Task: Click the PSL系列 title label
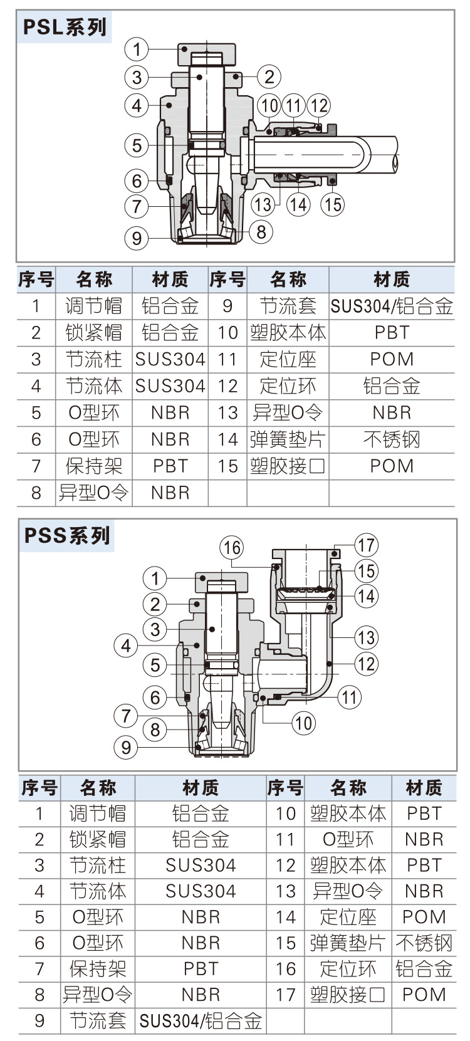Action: pos(65,27)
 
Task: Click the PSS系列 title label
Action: pos(67,536)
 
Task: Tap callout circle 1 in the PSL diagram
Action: pos(137,49)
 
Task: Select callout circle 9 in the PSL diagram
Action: pos(137,238)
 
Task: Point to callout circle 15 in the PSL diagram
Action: pos(333,204)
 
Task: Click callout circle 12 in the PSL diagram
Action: pos(318,105)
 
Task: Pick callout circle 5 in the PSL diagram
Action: pos(137,145)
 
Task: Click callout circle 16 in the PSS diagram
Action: pos(232,547)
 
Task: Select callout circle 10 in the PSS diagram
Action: pos(303,723)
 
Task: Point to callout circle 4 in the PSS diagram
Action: pos(126,646)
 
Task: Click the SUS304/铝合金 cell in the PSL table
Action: pos(392,306)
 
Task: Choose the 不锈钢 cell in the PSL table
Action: pos(392,439)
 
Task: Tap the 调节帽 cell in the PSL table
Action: pos(94,306)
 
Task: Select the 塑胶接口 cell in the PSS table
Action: pos(348,995)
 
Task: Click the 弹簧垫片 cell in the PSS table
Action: pos(348,943)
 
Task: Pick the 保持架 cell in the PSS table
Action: pos(98,969)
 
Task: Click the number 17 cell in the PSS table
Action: pos(285,995)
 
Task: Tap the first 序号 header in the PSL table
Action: pos(36,280)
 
